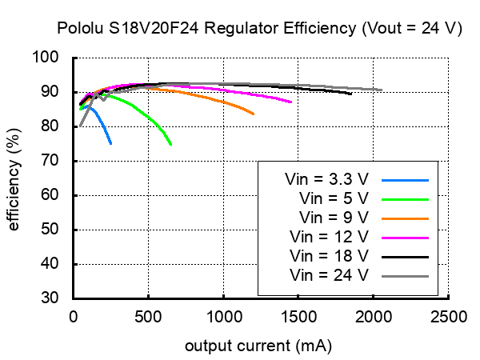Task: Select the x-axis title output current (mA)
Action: [258, 346]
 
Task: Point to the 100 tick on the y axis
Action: [58, 58]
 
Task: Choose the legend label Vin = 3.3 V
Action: [326, 180]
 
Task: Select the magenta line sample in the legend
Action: [406, 238]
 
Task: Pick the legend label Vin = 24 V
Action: [328, 276]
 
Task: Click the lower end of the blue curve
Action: [110, 143]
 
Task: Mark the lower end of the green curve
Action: [171, 145]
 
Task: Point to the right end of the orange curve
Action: [254, 114]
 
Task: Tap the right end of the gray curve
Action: [382, 90]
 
